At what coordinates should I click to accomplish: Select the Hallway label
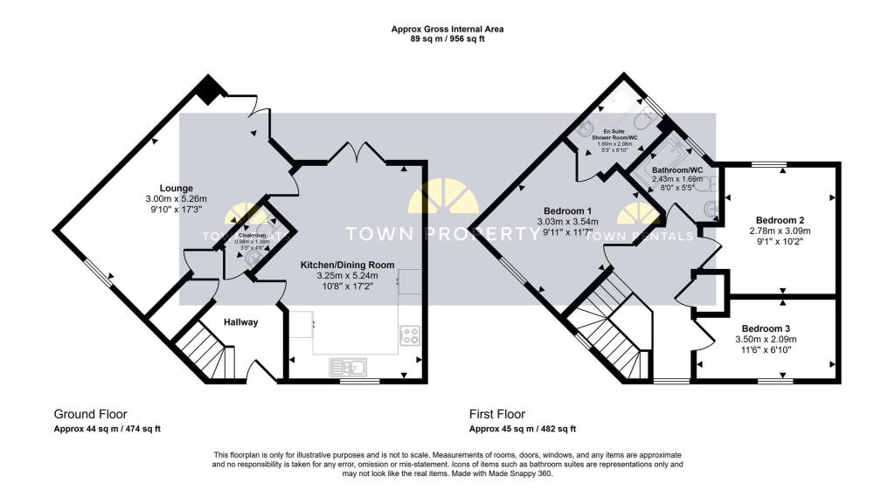(x=240, y=322)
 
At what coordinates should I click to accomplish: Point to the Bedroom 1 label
(x=568, y=210)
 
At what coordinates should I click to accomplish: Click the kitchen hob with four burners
(x=409, y=333)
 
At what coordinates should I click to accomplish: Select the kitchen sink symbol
(x=352, y=367)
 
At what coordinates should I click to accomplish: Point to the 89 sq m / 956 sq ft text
(x=447, y=39)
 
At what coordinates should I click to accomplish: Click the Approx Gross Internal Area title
(x=447, y=29)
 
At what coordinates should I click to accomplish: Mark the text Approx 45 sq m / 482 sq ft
(x=523, y=429)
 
